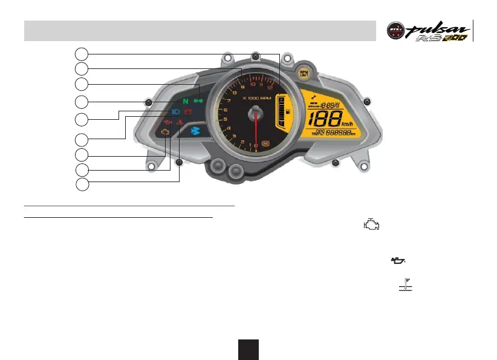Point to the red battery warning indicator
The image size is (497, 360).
[x=188, y=112]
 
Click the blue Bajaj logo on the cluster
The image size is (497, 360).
[x=195, y=130]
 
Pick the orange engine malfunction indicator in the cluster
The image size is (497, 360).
[x=166, y=131]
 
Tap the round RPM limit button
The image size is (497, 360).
[x=304, y=72]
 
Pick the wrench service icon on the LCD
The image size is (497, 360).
[x=312, y=96]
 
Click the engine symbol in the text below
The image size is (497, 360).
[x=371, y=224]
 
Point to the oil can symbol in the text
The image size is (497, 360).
[x=397, y=261]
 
